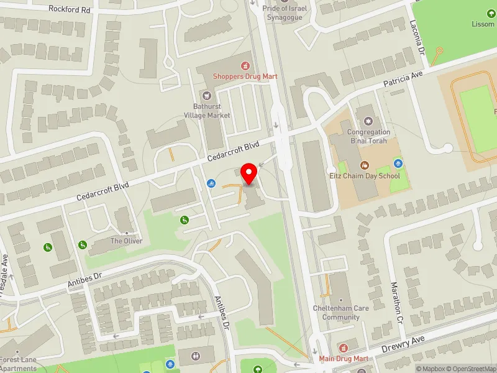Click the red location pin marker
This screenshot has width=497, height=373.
pyautogui.click(x=249, y=173)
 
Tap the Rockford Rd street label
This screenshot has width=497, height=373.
pyautogui.click(x=69, y=10)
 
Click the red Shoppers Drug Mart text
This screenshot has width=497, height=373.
pyautogui.click(x=245, y=76)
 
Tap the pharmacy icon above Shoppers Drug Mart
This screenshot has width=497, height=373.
pyautogui.click(x=245, y=65)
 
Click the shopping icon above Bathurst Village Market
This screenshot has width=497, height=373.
pyautogui.click(x=207, y=96)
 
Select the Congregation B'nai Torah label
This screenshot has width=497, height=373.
pyautogui.click(x=368, y=136)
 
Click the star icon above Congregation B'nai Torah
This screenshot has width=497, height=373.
pyautogui.click(x=368, y=121)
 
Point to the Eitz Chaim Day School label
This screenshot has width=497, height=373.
pyautogui.click(x=364, y=176)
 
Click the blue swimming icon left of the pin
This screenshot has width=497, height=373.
pyautogui.click(x=211, y=184)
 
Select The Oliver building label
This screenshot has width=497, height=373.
pyautogui.click(x=126, y=241)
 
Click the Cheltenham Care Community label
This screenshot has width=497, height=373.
pyautogui.click(x=340, y=313)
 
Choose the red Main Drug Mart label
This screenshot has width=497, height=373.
pyautogui.click(x=344, y=359)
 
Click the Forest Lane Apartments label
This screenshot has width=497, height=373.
pyautogui.click(x=19, y=364)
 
